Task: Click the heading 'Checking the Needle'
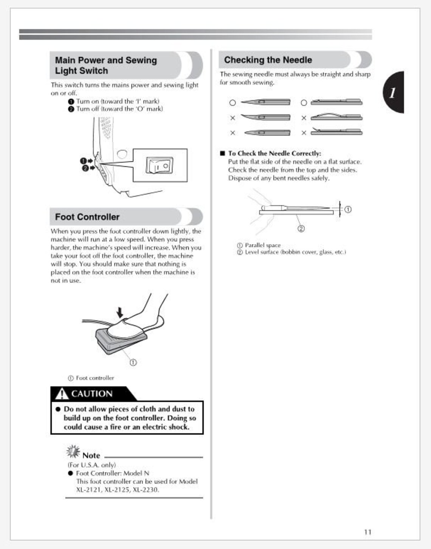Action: tap(268, 60)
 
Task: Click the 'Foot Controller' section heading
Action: tap(87, 217)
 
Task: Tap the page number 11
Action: tap(367, 532)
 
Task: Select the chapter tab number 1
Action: tap(393, 92)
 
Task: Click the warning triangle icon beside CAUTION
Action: tap(61, 394)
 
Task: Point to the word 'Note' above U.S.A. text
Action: tap(91, 456)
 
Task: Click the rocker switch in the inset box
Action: tap(160, 166)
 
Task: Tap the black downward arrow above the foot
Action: tap(120, 312)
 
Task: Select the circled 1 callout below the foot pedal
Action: tap(133, 362)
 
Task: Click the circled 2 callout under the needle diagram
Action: tap(301, 228)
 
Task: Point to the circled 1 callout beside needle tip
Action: tap(348, 209)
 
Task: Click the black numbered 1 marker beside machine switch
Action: tap(84, 161)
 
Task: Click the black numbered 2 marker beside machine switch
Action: tap(85, 167)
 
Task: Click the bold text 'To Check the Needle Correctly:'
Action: tap(274, 153)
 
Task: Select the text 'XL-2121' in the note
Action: tap(88, 490)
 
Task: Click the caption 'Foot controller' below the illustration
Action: tap(95, 378)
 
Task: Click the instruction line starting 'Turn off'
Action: tap(119, 109)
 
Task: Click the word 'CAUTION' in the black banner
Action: tap(92, 394)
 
